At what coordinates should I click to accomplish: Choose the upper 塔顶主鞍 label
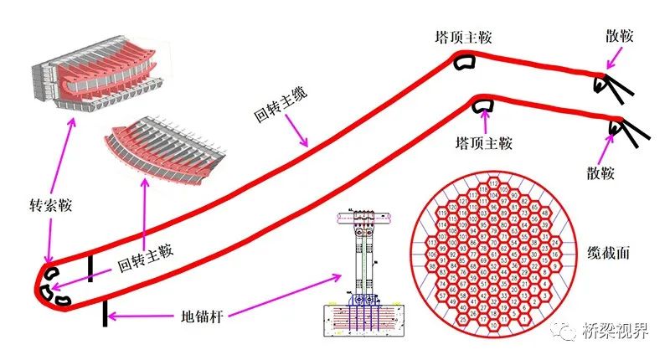pyautogui.click(x=463, y=37)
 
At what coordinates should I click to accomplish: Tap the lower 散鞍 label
pyautogui.click(x=601, y=173)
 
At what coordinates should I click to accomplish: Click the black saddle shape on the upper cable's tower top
pyautogui.click(x=463, y=60)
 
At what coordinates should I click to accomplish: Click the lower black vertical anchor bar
pyautogui.click(x=106, y=314)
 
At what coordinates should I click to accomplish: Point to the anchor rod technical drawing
pyautogui.click(x=365, y=272)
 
